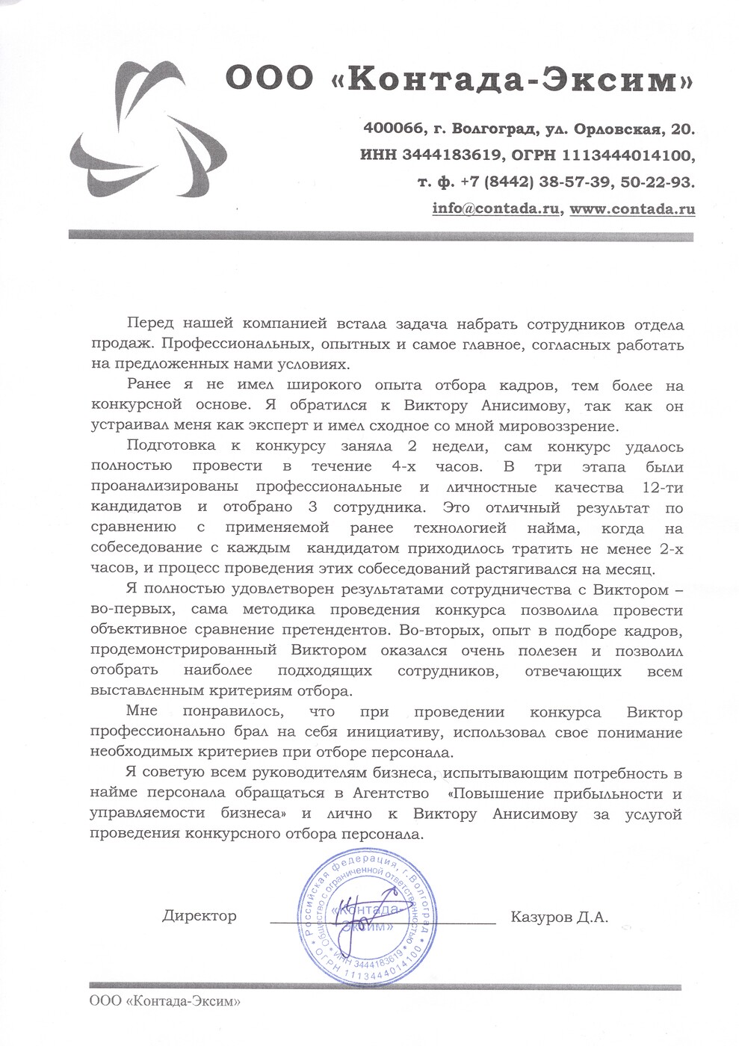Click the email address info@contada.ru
tap(496, 209)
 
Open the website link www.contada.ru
tap(632, 209)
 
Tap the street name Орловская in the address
tap(619, 129)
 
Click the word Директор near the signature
tap(199, 916)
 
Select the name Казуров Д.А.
tap(560, 916)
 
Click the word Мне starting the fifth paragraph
tap(143, 711)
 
